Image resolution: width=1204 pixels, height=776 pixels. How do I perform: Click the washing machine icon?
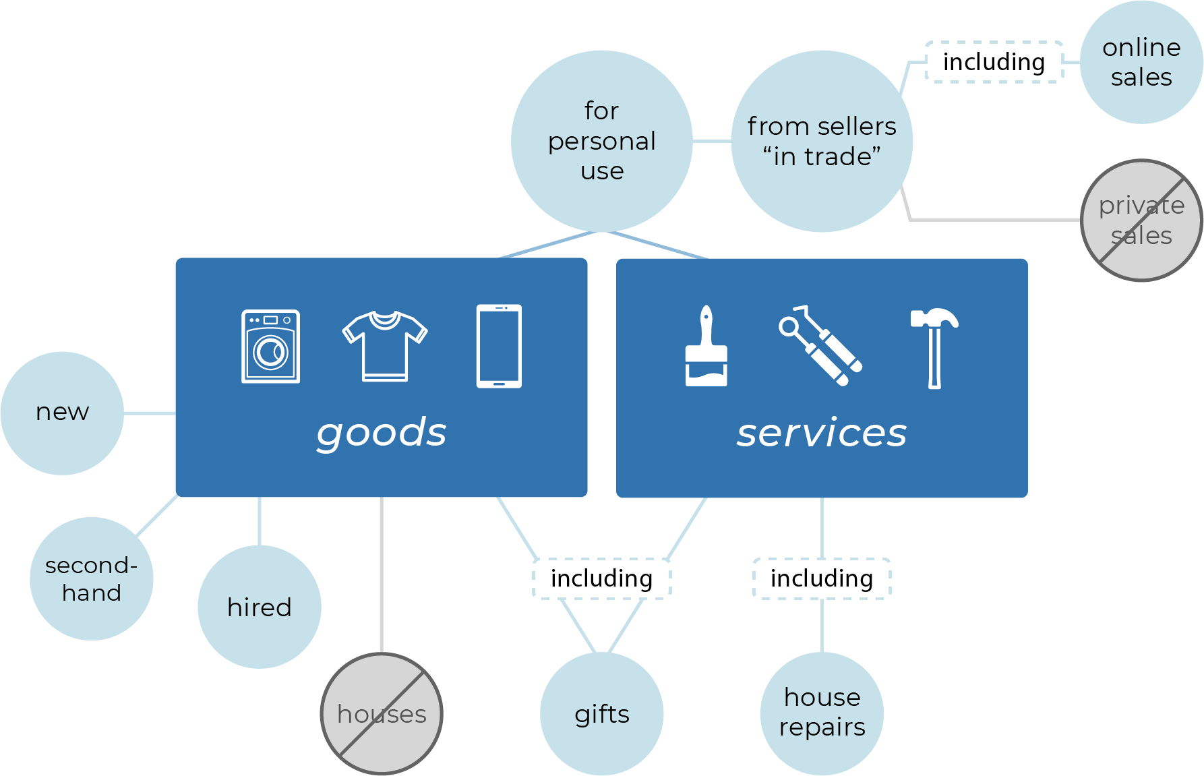click(x=270, y=347)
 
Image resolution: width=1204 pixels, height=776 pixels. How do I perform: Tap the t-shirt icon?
click(x=384, y=346)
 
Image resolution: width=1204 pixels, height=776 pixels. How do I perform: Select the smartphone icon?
click(x=499, y=346)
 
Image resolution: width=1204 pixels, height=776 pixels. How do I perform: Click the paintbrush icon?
click(x=706, y=347)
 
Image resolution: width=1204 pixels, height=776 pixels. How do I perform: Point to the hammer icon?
click(x=934, y=347)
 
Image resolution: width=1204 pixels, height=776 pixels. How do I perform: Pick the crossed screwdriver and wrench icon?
click(x=820, y=346)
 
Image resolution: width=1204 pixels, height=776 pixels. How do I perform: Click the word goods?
click(x=382, y=432)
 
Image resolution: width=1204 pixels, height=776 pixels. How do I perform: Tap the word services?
click(x=821, y=432)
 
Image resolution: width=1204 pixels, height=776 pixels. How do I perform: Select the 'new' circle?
click(x=62, y=413)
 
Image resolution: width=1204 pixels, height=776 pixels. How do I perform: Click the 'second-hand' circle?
click(x=92, y=578)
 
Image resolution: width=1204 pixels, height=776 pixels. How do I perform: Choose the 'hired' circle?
click(x=260, y=607)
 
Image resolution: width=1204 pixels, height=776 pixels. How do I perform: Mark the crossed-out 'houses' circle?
click(x=382, y=713)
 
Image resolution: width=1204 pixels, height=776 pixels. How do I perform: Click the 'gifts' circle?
click(x=601, y=713)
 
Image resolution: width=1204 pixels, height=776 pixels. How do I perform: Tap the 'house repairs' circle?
click(x=822, y=713)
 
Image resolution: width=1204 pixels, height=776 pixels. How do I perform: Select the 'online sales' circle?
click(x=1141, y=62)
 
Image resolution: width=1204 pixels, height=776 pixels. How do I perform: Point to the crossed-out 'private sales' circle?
click(x=1141, y=220)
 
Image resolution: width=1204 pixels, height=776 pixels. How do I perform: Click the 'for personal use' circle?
click(x=601, y=141)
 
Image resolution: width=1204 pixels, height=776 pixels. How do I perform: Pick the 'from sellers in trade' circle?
click(x=822, y=141)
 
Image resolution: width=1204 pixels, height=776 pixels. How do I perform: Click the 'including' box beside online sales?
click(x=994, y=62)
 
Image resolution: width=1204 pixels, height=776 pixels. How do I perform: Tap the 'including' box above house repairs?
click(x=822, y=578)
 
